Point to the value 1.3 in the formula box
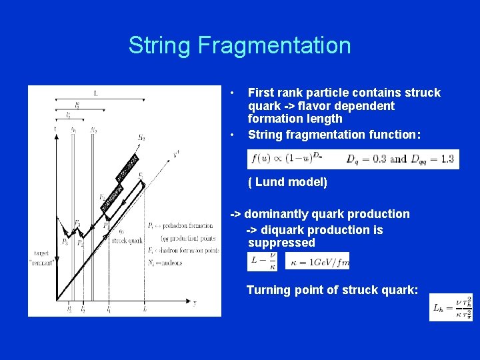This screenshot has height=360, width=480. coord(447,159)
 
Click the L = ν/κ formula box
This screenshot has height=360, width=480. coord(262,261)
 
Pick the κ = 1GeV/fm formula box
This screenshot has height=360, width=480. coord(317,261)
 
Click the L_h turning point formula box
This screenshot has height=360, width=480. coord(450,307)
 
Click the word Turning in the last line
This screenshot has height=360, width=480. coord(267,290)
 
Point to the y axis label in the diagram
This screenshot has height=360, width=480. coord(194,303)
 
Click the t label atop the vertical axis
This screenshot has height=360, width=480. coord(55,128)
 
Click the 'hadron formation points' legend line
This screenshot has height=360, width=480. coord(183,251)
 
